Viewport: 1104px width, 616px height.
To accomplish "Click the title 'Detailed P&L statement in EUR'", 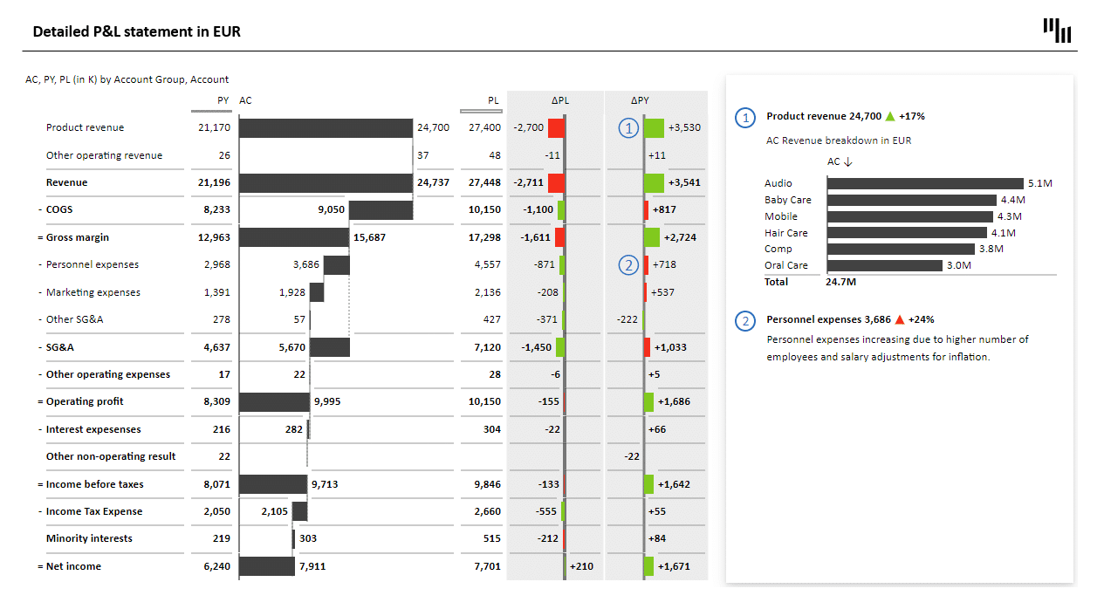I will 136,32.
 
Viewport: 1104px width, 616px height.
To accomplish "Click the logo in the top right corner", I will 1057,31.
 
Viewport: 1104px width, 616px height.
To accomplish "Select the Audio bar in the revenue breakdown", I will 925,183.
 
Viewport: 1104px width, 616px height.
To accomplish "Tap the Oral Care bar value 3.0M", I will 959,265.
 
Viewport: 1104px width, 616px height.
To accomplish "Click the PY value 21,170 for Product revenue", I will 214,127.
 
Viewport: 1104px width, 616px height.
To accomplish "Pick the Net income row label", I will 73,566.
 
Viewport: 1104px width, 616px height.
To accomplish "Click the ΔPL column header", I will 560,100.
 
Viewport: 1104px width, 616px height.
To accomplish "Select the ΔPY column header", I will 640,100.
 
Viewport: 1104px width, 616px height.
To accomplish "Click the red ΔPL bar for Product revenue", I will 556,127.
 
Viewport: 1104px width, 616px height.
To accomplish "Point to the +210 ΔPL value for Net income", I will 581,566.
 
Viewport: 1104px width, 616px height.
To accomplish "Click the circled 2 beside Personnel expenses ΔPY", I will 628,264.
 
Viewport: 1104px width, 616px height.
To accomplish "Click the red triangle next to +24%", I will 900,319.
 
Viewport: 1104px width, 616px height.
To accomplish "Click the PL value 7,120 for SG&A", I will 487,347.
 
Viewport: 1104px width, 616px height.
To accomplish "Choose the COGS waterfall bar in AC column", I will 381,210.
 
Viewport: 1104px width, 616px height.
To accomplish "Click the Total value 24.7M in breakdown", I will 840,282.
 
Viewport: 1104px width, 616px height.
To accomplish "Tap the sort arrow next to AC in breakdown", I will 848,161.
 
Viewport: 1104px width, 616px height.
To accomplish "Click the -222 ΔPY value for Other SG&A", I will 627,319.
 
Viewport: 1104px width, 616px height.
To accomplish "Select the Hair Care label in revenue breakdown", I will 786,233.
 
